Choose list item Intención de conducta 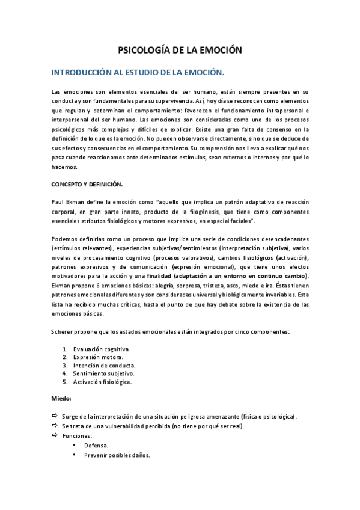(105, 365)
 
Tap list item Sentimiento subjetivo (104, 373)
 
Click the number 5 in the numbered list (64, 382)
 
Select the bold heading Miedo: (61, 398)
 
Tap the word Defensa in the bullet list (96, 446)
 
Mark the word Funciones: (77, 435)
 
